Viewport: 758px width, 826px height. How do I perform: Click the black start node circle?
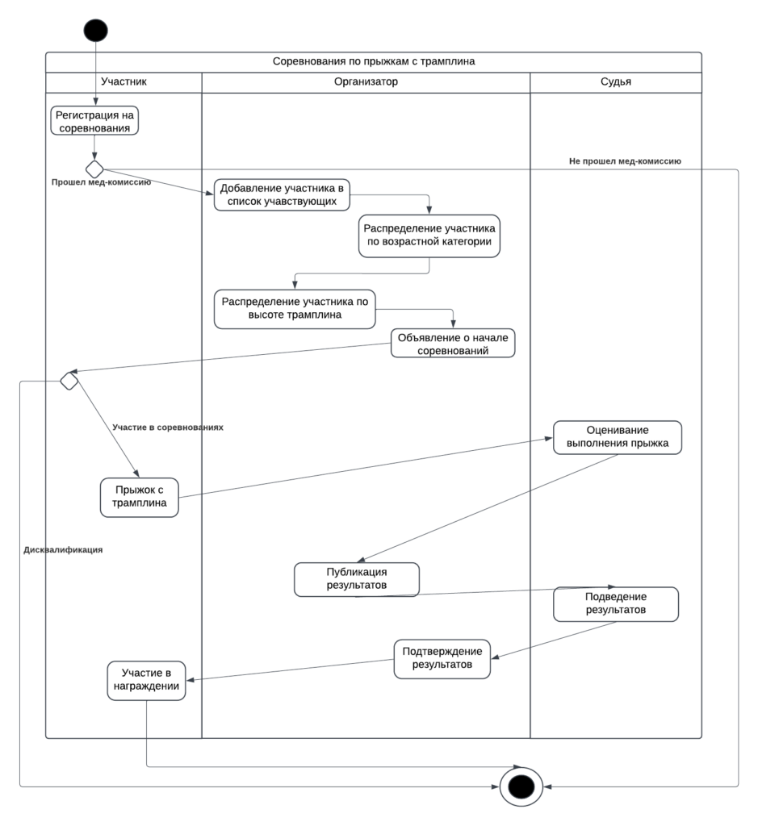tap(95, 30)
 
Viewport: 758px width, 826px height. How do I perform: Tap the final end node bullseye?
tap(521, 786)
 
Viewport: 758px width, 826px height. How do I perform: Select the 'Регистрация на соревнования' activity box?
tap(94, 121)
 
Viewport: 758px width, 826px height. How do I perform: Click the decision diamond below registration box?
tap(94, 169)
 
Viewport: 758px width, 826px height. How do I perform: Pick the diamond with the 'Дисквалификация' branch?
tap(69, 381)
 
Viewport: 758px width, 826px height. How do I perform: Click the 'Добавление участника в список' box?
tap(282, 194)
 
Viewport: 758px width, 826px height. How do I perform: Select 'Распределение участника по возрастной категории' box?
tap(429, 236)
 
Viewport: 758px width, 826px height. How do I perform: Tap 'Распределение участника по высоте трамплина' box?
tap(295, 309)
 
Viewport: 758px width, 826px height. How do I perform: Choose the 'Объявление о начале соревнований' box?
tap(453, 344)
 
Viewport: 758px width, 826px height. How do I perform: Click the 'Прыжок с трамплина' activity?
tap(139, 497)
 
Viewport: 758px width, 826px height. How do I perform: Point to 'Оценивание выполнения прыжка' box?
tap(618, 437)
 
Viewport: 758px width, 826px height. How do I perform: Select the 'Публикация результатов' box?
tap(356, 579)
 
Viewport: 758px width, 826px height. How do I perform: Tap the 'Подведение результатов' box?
tap(616, 603)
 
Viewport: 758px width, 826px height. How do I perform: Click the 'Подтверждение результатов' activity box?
tap(442, 658)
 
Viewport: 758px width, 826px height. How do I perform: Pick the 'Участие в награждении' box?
tap(146, 680)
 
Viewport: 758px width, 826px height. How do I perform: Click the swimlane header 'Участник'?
tap(124, 81)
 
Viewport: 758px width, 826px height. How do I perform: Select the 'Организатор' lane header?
tap(366, 81)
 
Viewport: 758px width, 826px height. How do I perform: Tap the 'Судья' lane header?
tap(616, 81)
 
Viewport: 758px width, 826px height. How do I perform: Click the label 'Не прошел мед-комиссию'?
tap(625, 161)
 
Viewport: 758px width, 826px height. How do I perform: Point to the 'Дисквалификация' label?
tap(63, 550)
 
